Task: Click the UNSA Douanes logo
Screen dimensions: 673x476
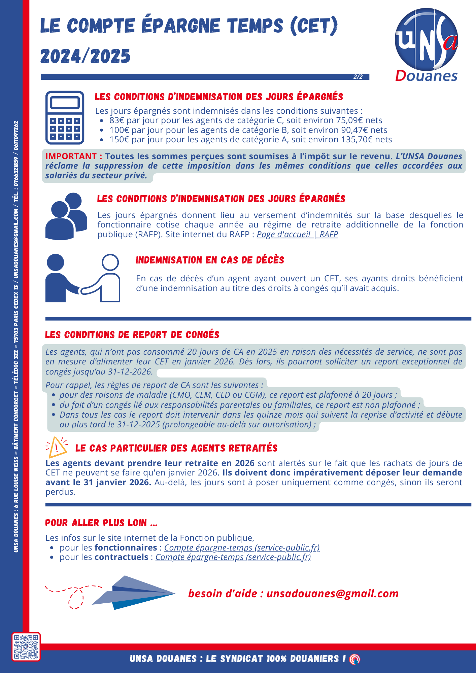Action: coord(426,44)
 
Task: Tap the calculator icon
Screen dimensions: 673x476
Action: coord(65,117)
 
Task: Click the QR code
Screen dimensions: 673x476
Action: coord(26,646)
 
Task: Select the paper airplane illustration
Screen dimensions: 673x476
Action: coord(134,593)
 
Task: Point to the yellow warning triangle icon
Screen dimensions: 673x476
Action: coord(57,447)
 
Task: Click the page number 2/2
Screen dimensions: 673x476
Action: coord(358,77)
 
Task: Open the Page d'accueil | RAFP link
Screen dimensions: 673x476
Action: coord(297,235)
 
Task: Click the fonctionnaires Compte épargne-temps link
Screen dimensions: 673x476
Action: coord(242,547)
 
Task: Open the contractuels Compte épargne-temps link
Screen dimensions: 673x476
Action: coord(233,557)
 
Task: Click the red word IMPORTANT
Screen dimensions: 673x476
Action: coord(71,156)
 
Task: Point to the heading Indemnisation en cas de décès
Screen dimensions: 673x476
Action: coord(210,260)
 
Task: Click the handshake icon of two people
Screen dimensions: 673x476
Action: coord(83,278)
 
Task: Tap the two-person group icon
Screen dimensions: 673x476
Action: coord(66,216)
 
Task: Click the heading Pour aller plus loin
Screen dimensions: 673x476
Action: coord(101,523)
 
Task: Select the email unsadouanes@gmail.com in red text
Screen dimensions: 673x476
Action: coord(332,594)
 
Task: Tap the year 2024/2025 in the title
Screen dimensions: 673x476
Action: coord(86,56)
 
